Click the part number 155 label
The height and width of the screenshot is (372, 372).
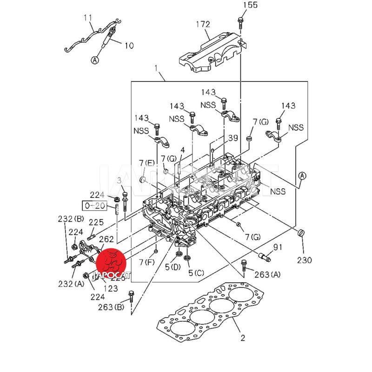point(250,6)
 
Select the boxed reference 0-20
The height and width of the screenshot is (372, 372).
point(93,205)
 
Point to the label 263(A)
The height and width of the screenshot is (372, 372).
point(268,275)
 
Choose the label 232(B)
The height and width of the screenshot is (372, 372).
point(71,219)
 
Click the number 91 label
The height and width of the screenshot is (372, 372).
point(278,246)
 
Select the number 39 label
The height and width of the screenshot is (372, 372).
point(232,138)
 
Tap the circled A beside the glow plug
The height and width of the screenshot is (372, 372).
point(95,60)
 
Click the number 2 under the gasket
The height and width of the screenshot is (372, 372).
point(242,338)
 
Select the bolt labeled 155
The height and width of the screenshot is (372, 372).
point(240,20)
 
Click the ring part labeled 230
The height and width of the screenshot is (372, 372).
point(301,233)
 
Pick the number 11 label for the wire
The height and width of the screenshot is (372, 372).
point(88,18)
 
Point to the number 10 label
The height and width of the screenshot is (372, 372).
point(128,46)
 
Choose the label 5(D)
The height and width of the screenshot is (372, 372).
point(172,267)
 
